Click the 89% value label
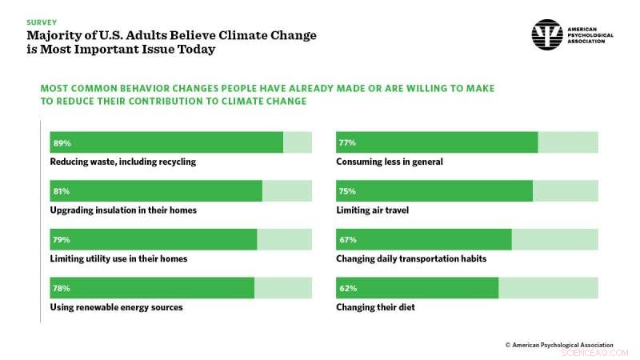(62, 143)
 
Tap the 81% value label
(62, 191)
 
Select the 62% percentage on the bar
(347, 288)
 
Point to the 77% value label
(347, 143)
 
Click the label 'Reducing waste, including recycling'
(122, 162)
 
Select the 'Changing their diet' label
(376, 307)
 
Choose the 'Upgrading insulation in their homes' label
(123, 210)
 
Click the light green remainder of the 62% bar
(548, 288)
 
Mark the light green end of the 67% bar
(554, 239)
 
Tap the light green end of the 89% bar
(298, 142)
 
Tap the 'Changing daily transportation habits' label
(412, 258)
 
